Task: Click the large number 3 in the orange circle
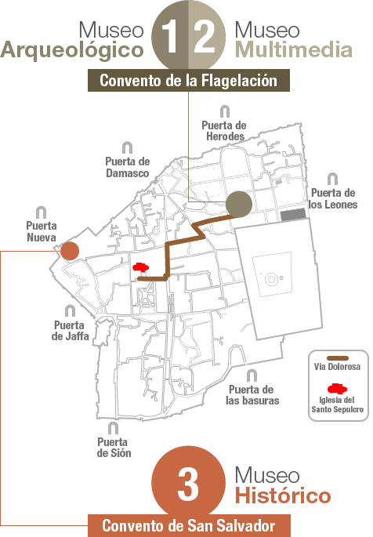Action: pos(188,484)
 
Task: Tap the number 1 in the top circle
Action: pos(171,36)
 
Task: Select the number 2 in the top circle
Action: pos(205,36)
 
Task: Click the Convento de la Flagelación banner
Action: pos(189,81)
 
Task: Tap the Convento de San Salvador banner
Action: pos(189,526)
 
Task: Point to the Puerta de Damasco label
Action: pos(127,167)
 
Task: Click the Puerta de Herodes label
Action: pos(224,130)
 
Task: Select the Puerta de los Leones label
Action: pos(333,198)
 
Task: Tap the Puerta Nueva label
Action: pos(42,231)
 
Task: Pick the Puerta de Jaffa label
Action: pos(71,331)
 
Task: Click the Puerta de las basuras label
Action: pos(252,395)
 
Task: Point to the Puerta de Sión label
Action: pos(114,448)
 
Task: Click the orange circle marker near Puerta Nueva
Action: pos(70,251)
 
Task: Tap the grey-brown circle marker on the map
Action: pos(239,204)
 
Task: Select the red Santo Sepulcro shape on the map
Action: pos(140,267)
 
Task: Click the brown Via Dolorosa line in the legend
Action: pos(338,358)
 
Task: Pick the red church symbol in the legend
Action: pos(337,389)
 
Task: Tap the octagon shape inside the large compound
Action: pos(271,279)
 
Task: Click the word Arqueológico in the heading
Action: pos(72,51)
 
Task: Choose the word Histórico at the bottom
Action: pos(283,496)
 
